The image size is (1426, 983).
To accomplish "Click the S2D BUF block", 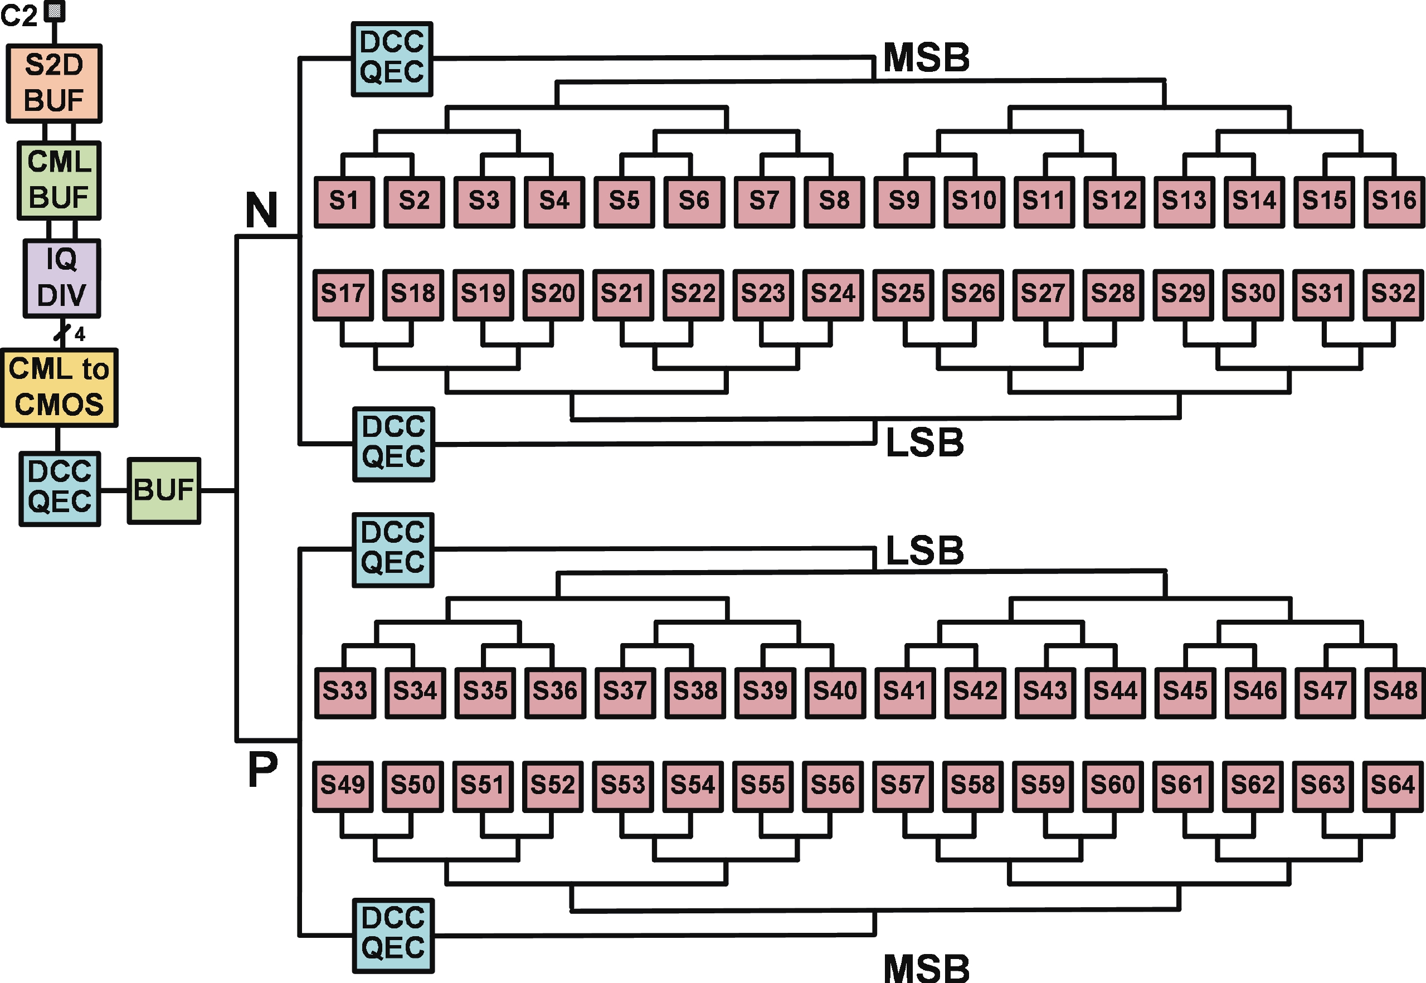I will (x=54, y=83).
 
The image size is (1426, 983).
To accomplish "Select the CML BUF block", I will (x=59, y=181).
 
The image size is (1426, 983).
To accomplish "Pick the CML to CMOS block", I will (x=59, y=387).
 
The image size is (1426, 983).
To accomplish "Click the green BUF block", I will (x=164, y=491).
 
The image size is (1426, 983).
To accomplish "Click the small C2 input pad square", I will (x=55, y=11).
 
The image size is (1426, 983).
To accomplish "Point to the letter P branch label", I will (x=263, y=770).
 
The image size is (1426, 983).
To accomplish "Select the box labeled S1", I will (x=344, y=202).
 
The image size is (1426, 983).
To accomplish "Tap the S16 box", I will (x=1394, y=202).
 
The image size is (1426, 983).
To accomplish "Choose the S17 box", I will (x=343, y=294).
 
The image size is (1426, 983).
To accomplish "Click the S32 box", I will (x=1393, y=294).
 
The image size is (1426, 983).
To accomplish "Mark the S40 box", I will (x=835, y=692).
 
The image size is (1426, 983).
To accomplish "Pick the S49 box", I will (x=343, y=786).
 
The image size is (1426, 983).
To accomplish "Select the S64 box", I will (x=1393, y=786).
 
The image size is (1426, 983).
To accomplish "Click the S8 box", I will (x=834, y=202).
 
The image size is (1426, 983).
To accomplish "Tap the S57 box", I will (x=903, y=786).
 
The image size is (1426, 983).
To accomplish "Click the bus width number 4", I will (x=80, y=334).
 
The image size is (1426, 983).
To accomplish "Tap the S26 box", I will (x=973, y=294).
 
